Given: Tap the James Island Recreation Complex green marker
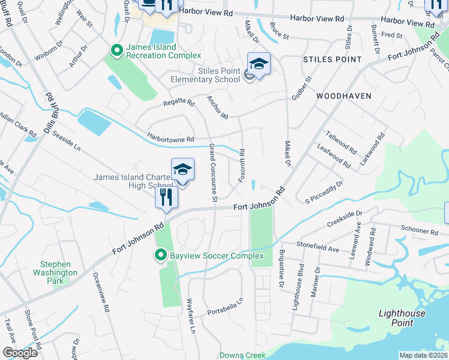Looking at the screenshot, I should [x=118, y=50].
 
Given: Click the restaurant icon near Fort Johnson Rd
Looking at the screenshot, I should [x=166, y=197].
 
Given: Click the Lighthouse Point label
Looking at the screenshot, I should [x=402, y=318].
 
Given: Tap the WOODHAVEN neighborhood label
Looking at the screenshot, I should [x=344, y=96].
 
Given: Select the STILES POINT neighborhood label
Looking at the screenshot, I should [x=333, y=60].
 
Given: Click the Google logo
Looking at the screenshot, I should [x=20, y=353].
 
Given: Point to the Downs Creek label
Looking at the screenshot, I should [x=243, y=355].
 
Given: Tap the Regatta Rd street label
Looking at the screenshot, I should [x=179, y=104].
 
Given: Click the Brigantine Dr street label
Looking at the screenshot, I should [x=280, y=268].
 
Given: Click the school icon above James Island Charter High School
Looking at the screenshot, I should [x=183, y=170].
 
